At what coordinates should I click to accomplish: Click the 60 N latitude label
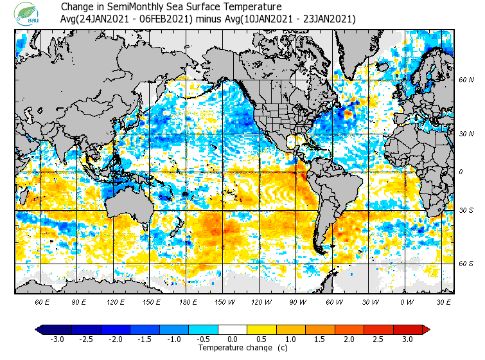466,80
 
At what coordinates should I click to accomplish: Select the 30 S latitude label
466,210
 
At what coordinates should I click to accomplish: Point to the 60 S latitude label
466,263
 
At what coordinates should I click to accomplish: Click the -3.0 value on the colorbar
57,339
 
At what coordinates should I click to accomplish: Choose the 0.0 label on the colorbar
233,339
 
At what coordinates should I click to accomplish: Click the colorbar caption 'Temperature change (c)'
233,348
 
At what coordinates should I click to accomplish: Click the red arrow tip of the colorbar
426,330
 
